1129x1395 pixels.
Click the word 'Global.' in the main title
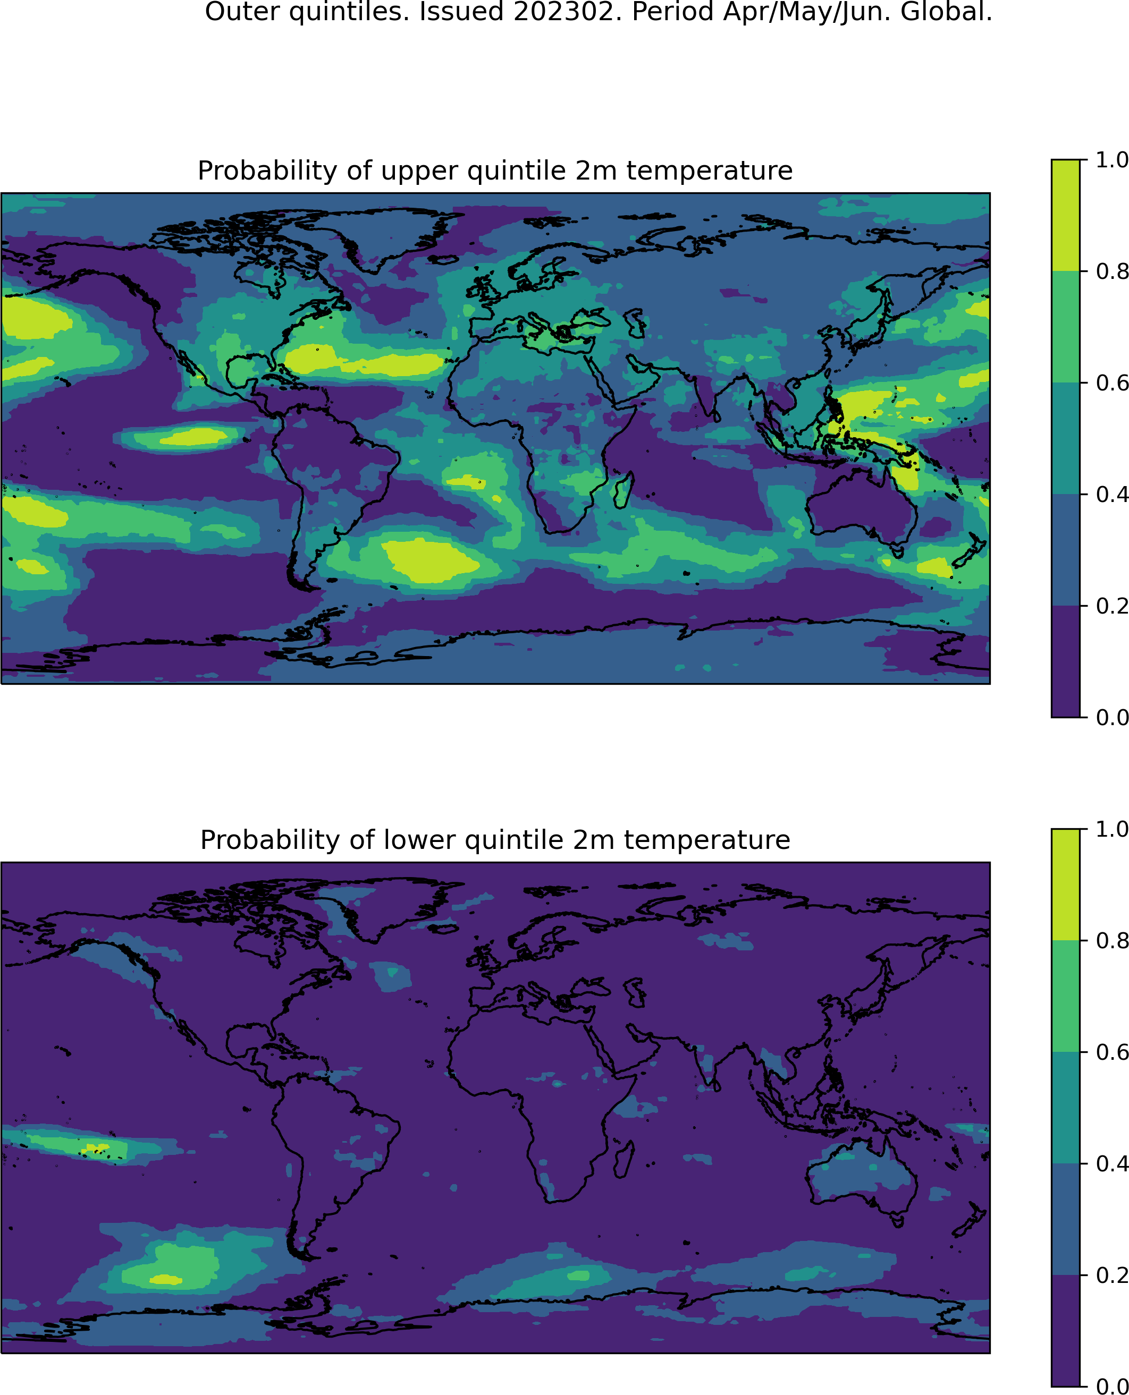tap(946, 12)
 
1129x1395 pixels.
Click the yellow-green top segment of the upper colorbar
tap(1065, 215)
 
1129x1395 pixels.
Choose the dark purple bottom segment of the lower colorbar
tap(1065, 1331)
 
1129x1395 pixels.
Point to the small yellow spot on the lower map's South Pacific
tap(166, 1279)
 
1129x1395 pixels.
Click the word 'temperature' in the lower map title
tap(707, 841)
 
